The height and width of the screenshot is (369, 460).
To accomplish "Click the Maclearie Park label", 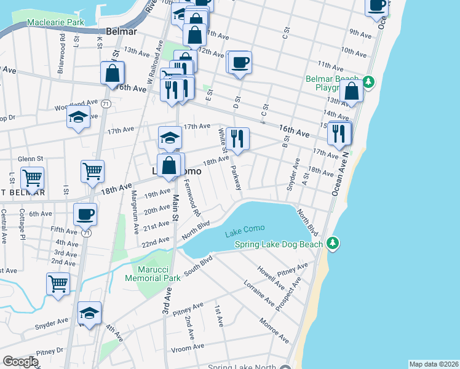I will pos(55,22).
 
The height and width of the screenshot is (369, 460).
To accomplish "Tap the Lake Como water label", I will pos(244,229).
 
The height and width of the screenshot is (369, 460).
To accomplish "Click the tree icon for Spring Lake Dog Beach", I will pos(333,244).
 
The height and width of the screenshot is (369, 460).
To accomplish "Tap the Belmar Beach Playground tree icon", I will pos(368,81).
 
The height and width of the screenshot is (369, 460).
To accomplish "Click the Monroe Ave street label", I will pos(274,330).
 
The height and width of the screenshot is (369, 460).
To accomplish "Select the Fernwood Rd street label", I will pos(191,197).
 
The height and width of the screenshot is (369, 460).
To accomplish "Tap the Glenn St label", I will pos(29,159).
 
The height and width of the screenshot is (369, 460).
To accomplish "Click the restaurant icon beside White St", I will pos(237,138).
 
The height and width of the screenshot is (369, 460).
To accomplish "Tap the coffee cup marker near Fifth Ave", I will pos(85,215).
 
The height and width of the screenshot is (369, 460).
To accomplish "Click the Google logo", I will pos(20,362).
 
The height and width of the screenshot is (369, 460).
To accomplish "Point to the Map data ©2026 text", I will pos(434,364).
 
